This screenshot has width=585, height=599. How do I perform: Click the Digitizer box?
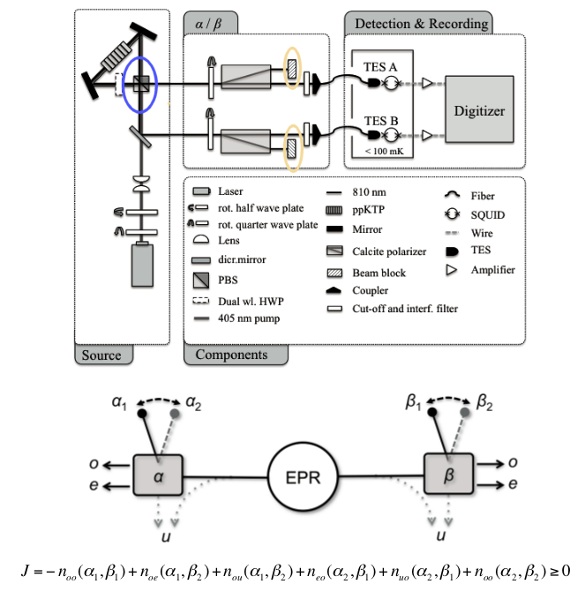click(x=479, y=109)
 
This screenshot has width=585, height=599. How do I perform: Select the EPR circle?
click(x=303, y=476)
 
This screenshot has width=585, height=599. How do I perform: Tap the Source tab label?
click(x=101, y=356)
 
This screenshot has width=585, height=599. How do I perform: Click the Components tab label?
click(x=231, y=355)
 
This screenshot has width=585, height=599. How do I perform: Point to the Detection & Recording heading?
click(x=422, y=24)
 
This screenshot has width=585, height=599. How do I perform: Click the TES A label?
click(x=380, y=67)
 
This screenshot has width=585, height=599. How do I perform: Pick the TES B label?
click(x=381, y=121)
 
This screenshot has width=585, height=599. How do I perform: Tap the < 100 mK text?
click(x=384, y=151)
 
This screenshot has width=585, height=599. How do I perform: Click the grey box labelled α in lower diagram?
click(x=158, y=475)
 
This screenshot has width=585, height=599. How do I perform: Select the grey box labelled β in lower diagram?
click(x=448, y=474)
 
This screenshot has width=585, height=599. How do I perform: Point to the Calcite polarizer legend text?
click(x=389, y=251)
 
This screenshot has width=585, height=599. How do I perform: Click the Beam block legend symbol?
click(x=334, y=273)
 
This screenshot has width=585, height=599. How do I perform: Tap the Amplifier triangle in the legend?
click(x=451, y=270)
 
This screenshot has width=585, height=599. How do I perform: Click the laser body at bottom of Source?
click(x=143, y=265)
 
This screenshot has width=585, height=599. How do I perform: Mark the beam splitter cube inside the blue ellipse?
click(x=141, y=84)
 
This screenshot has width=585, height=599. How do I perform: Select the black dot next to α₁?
click(x=142, y=414)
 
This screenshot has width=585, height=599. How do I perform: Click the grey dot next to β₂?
click(x=465, y=412)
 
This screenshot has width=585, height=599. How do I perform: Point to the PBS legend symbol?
click(x=201, y=280)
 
